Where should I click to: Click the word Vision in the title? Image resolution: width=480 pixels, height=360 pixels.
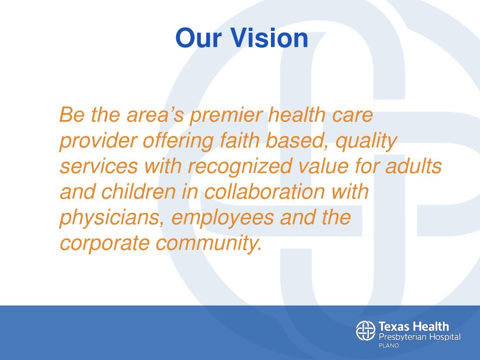click(x=269, y=38)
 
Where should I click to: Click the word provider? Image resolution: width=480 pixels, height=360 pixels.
click(x=97, y=141)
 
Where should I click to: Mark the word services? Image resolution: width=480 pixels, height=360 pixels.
click(x=99, y=166)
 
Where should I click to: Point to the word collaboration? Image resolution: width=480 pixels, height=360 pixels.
click(x=265, y=192)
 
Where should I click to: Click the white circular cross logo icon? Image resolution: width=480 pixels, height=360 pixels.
click(x=366, y=330)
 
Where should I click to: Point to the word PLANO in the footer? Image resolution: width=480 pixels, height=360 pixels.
click(x=389, y=346)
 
